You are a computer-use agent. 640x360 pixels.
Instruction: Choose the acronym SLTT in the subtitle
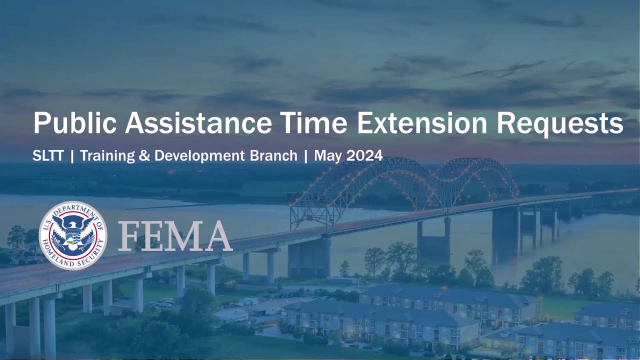[48, 156]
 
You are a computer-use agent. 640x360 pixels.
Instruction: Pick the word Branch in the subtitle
[275, 156]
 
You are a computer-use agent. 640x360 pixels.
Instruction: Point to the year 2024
[364, 156]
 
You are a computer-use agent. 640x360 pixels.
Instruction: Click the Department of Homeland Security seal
[73, 235]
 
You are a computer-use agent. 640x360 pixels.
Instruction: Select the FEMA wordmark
[175, 236]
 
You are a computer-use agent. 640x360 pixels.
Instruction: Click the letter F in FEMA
[131, 236]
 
